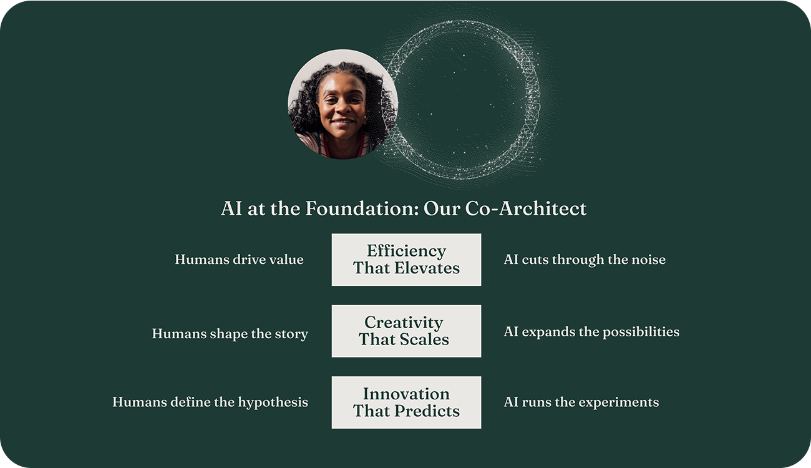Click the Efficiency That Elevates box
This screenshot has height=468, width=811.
(x=406, y=260)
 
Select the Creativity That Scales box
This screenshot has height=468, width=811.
(x=406, y=331)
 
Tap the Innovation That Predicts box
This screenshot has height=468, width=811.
(x=406, y=402)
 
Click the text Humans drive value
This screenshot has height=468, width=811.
(x=239, y=260)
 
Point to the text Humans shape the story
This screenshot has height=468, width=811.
(x=230, y=334)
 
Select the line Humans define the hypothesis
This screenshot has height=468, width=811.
(x=210, y=402)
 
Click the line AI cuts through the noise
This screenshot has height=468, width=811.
(x=585, y=260)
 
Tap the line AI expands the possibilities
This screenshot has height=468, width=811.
(x=591, y=332)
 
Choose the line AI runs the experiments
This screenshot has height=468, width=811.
(x=581, y=402)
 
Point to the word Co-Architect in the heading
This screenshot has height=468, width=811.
(x=526, y=208)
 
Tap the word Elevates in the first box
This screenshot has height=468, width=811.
(x=427, y=268)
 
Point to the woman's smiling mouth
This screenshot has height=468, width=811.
(x=342, y=122)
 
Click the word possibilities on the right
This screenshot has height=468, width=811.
(x=641, y=332)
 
